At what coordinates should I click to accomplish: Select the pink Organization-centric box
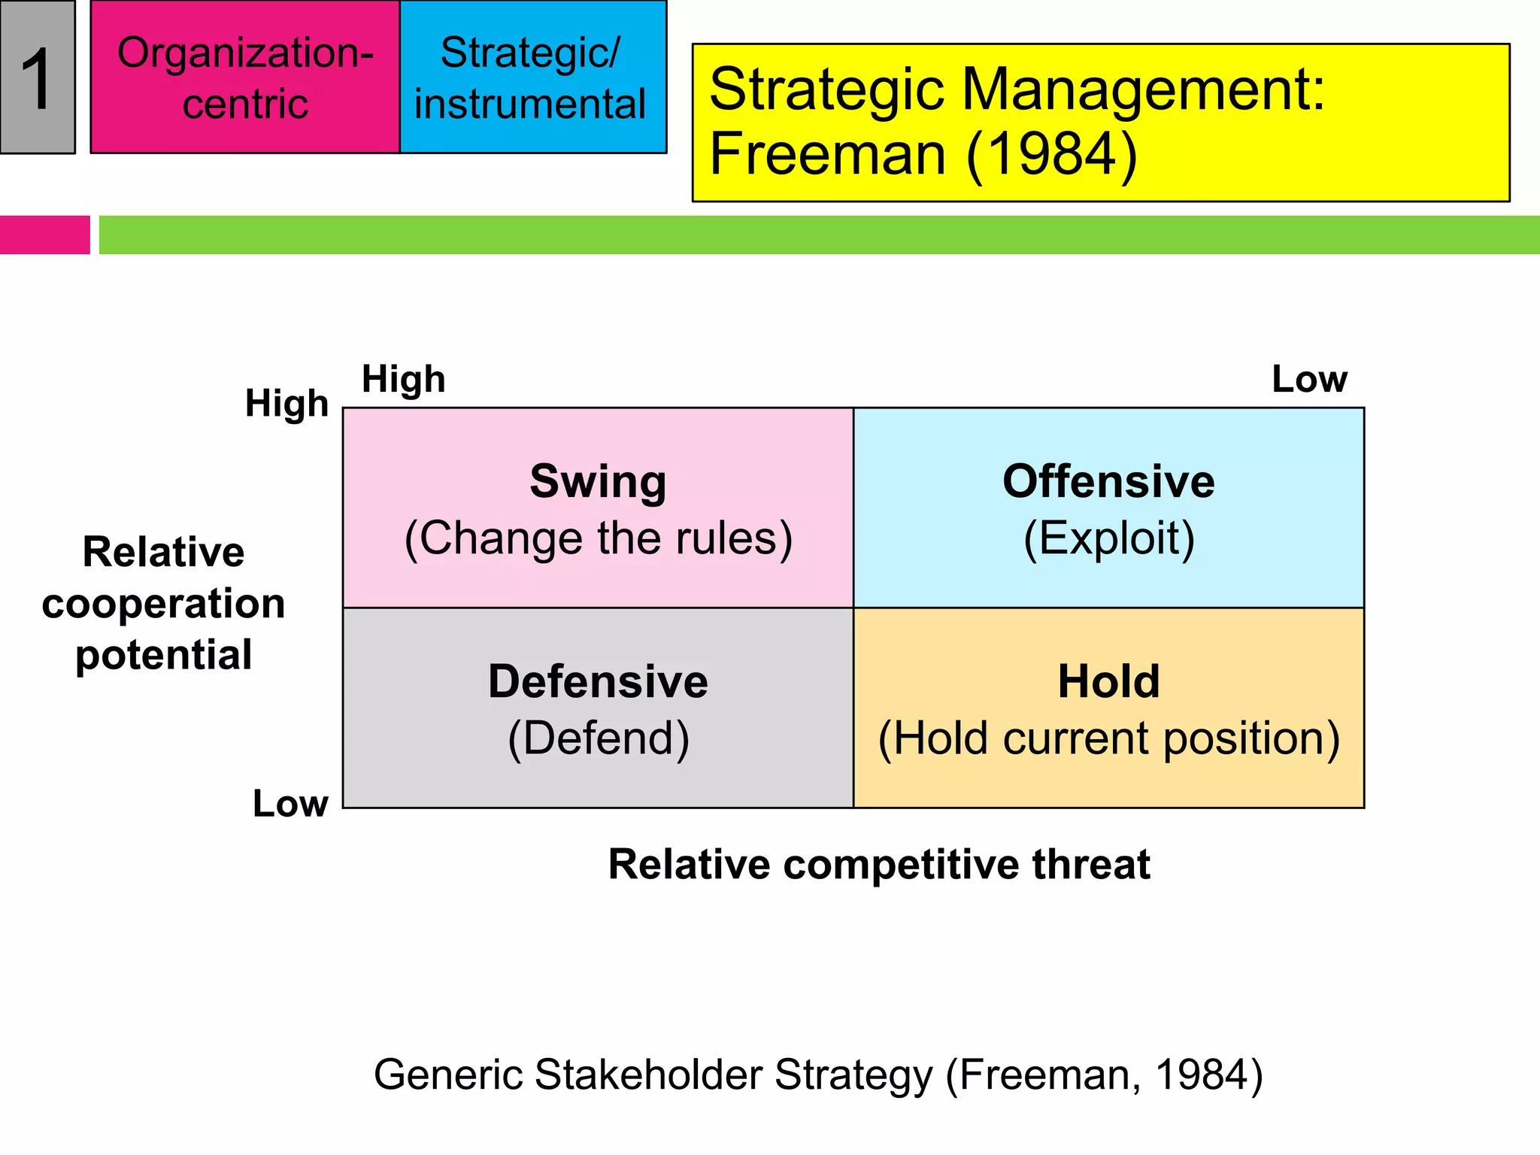(x=245, y=77)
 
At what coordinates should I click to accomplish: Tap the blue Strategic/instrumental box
(x=532, y=77)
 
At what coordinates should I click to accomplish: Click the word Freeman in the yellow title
(x=827, y=155)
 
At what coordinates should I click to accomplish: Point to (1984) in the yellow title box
(x=1051, y=155)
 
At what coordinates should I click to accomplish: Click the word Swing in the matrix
(x=598, y=481)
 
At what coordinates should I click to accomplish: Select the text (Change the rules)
(x=598, y=538)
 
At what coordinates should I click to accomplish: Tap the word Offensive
(x=1108, y=481)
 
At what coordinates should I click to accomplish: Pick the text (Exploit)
(x=1108, y=538)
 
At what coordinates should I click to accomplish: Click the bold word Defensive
(x=598, y=681)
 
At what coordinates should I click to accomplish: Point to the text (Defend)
(x=598, y=738)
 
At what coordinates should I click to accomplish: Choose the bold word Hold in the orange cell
(x=1108, y=681)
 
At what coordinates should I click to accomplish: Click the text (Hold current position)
(x=1108, y=738)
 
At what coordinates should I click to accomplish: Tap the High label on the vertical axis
(x=286, y=404)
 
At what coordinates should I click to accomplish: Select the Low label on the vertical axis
(x=290, y=804)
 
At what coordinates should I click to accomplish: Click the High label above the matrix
(x=404, y=380)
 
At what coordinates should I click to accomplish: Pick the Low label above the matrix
(x=1309, y=380)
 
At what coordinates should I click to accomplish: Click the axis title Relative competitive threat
(x=878, y=864)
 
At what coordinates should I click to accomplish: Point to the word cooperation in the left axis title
(x=163, y=604)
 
